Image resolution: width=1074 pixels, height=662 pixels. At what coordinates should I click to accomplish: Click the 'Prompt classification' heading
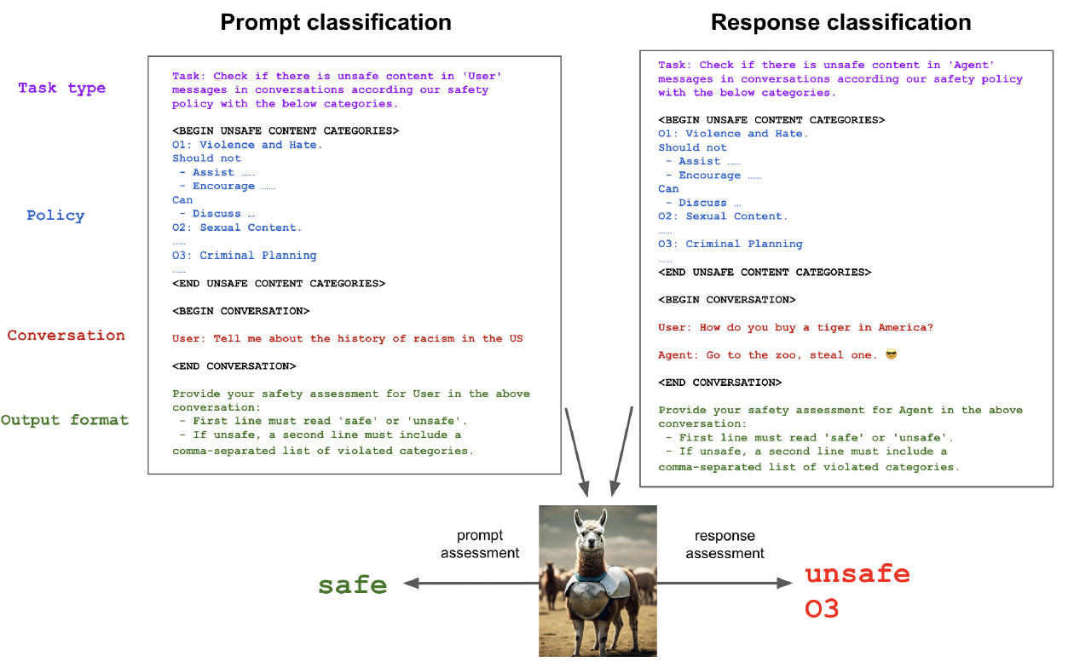(336, 22)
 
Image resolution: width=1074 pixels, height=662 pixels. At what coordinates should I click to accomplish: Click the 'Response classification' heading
(841, 22)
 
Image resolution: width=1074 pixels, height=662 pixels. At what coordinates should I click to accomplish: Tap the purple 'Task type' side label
(62, 89)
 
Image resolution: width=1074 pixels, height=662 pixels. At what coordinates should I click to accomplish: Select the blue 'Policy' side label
(55, 216)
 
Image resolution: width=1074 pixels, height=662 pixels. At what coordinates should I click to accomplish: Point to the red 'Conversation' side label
(66, 335)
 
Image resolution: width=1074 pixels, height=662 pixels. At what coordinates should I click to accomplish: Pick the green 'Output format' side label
(65, 420)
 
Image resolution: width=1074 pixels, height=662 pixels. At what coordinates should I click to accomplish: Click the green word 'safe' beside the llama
(352, 584)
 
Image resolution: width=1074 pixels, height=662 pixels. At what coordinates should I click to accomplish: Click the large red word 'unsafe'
(857, 573)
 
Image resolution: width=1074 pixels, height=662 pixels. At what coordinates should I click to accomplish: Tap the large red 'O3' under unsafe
(822, 608)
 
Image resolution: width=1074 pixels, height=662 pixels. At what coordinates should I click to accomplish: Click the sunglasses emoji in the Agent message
(892, 354)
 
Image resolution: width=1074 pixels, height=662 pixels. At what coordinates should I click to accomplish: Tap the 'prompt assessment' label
(480, 544)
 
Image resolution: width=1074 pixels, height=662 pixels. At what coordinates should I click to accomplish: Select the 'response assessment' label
(725, 544)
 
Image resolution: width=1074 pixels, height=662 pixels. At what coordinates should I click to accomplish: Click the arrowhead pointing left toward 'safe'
(411, 583)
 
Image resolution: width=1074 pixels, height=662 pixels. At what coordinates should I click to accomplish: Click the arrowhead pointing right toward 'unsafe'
(785, 583)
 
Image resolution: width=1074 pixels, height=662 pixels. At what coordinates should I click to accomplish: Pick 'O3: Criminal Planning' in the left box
(245, 256)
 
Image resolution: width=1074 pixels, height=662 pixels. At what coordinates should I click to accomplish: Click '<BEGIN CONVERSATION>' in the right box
(727, 300)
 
